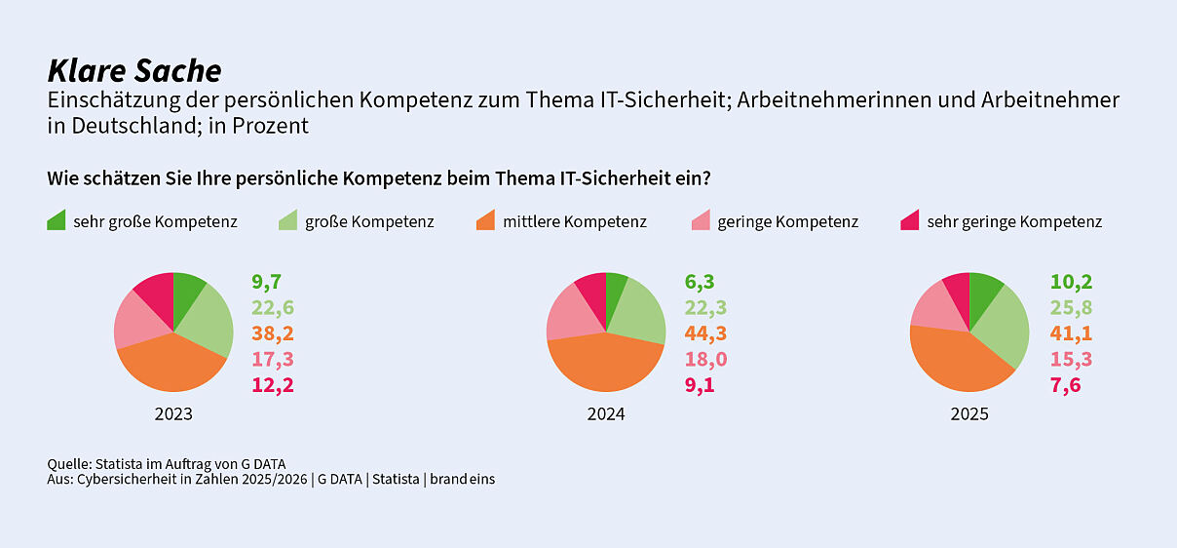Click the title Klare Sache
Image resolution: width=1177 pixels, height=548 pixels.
coord(134,71)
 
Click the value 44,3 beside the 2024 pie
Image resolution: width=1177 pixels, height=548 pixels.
coord(705,333)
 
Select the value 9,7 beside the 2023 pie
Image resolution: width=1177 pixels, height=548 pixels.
coord(266,283)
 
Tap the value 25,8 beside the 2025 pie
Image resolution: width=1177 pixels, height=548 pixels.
coord(1071,308)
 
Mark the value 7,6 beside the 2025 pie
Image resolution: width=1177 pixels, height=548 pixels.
coord(1065,384)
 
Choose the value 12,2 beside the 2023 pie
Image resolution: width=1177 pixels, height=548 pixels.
coord(273,384)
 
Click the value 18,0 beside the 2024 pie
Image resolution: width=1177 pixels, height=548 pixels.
coord(705,359)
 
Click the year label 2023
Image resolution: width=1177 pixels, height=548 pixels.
coord(173,414)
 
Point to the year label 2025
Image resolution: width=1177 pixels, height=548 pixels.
coord(969,414)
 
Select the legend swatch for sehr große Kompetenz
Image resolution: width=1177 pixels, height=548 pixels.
coord(57,221)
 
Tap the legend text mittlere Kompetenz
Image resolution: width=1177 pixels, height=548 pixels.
coord(575,222)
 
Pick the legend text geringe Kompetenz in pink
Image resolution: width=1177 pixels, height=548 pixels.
coord(787,222)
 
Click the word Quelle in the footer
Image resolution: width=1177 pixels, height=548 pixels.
coord(68,463)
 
